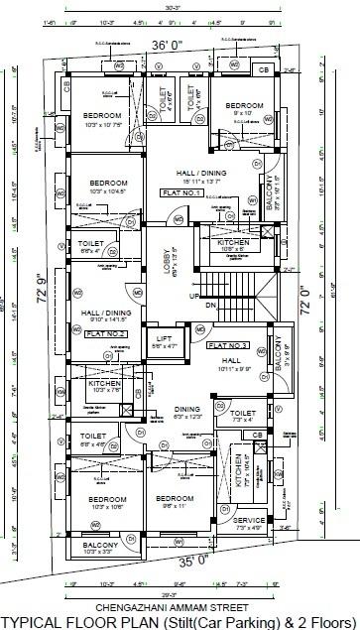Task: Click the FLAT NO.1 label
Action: click(x=184, y=193)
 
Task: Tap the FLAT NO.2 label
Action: click(x=103, y=334)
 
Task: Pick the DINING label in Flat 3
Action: click(x=186, y=408)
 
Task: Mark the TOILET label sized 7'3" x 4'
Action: click(x=243, y=414)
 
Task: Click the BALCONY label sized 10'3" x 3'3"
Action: click(x=100, y=545)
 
